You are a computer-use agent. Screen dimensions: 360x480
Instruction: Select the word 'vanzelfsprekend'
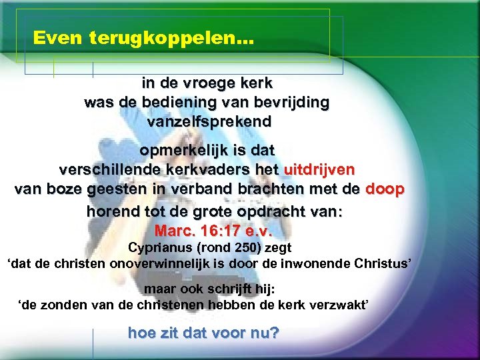(x=209, y=122)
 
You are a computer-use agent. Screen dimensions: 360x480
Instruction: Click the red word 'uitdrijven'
(x=319, y=169)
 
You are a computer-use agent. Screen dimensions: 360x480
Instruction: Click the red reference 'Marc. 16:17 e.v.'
(x=213, y=231)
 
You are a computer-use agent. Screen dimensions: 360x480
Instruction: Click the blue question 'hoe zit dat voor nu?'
(x=203, y=332)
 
